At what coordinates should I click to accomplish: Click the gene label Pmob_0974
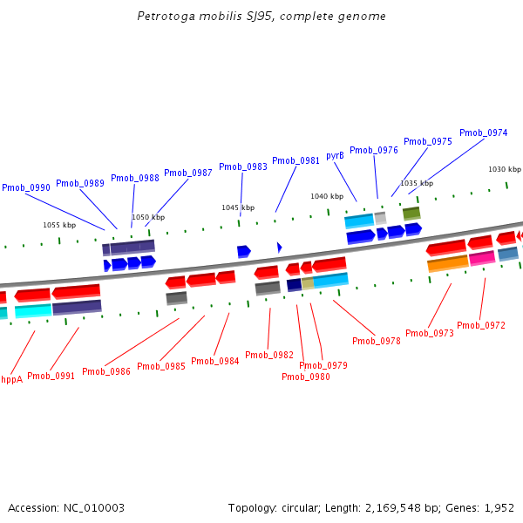pos(483,132)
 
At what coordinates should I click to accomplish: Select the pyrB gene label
pos(335,156)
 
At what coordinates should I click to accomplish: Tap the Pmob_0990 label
pos(26,187)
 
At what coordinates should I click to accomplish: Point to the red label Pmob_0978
pos(377,341)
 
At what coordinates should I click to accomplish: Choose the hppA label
pos(10,379)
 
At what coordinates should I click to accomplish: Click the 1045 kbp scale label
pos(238,207)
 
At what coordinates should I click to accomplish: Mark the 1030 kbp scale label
pos(504,169)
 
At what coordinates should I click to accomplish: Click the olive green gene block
pos(411,213)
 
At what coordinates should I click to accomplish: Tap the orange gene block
pos(448,263)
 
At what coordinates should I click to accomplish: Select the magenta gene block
pos(482,258)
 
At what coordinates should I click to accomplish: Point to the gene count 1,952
pos(499,507)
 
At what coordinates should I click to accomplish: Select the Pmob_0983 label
pos(243,166)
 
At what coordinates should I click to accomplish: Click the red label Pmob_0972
pos(481,325)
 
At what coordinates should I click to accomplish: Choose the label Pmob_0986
pos(106,371)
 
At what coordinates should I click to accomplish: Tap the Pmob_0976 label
pos(374,150)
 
